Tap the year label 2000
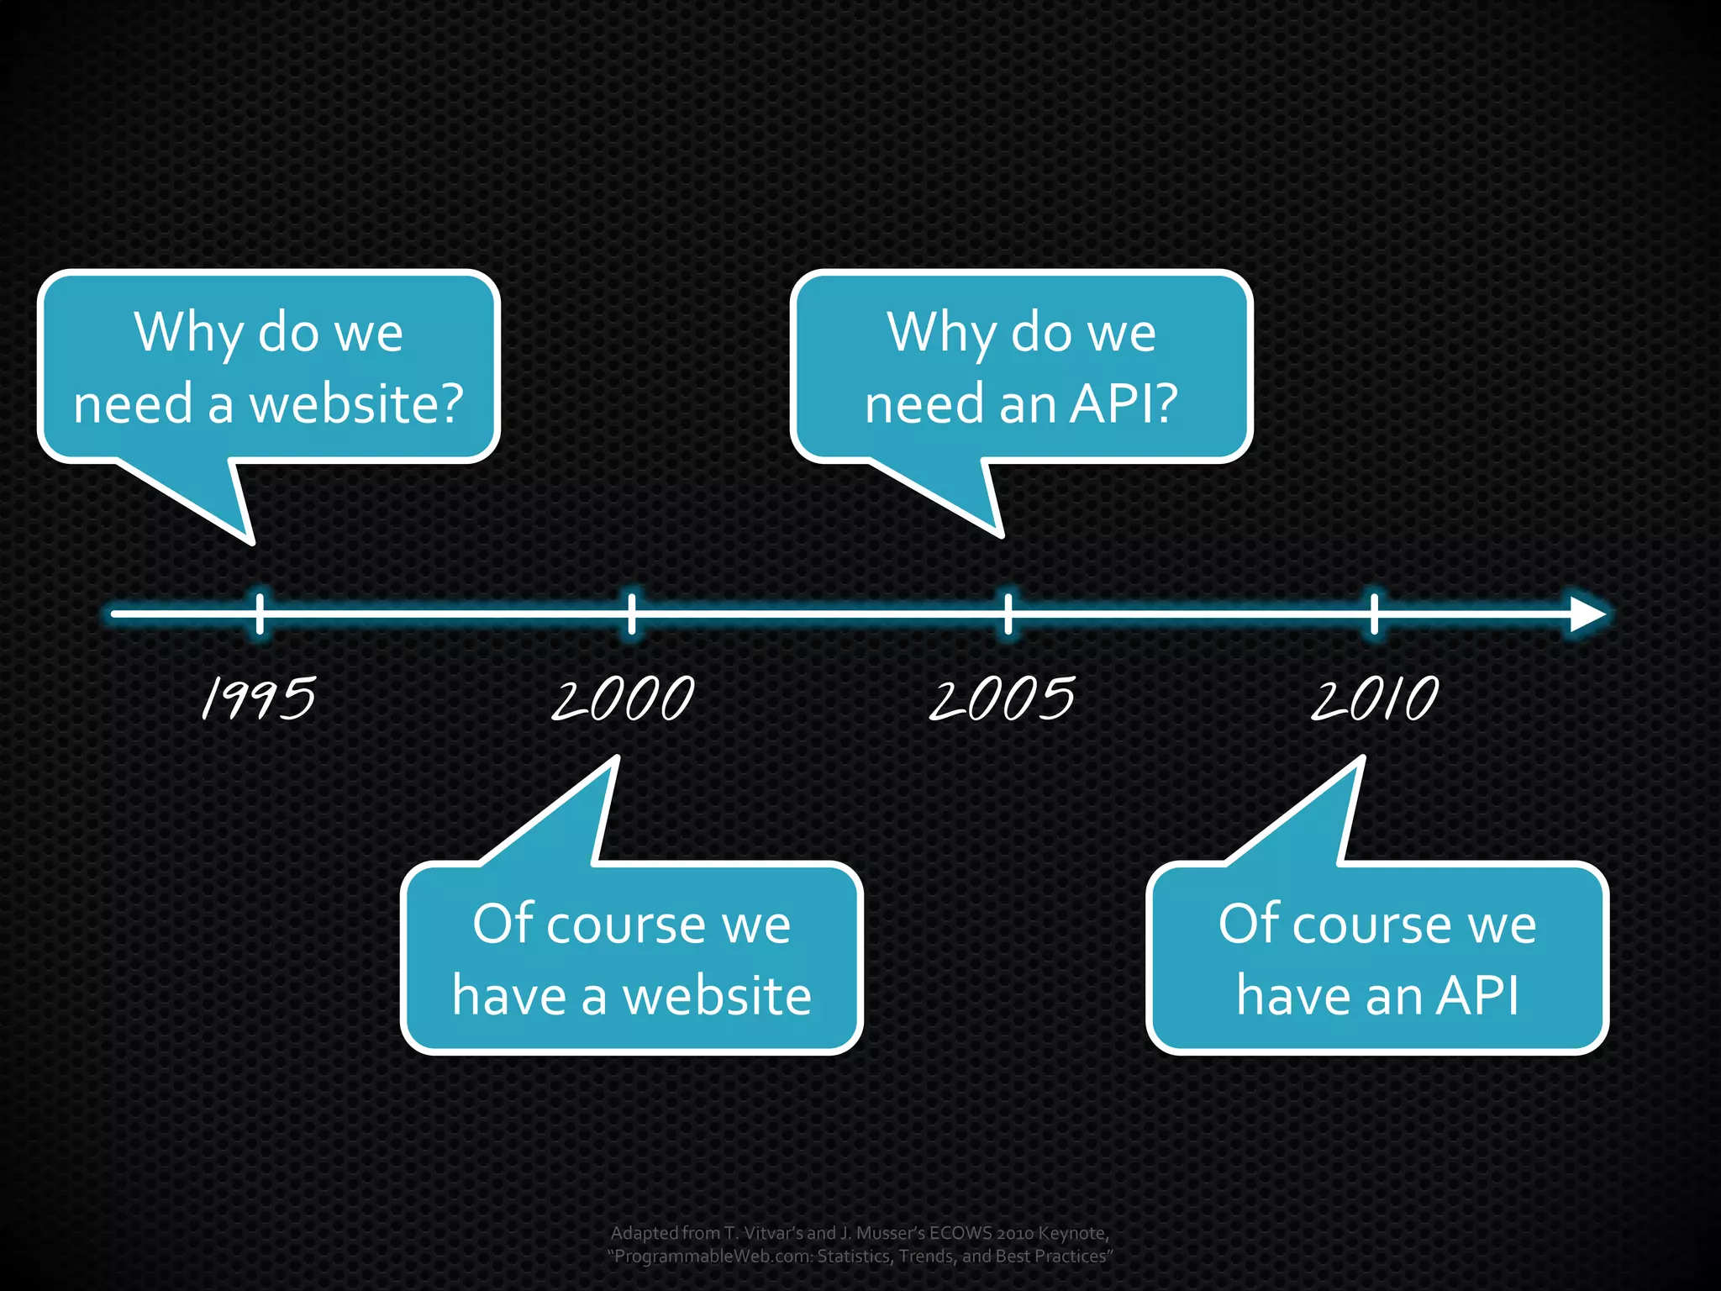[623, 698]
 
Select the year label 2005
[1002, 698]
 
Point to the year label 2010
[1375, 698]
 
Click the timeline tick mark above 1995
[260, 614]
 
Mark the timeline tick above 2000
[632, 614]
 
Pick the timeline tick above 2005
[1008, 614]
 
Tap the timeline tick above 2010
[1375, 614]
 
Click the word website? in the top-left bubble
[357, 404]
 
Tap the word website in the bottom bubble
[717, 997]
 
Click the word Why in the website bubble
[188, 334]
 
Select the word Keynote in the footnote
[1071, 1233]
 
